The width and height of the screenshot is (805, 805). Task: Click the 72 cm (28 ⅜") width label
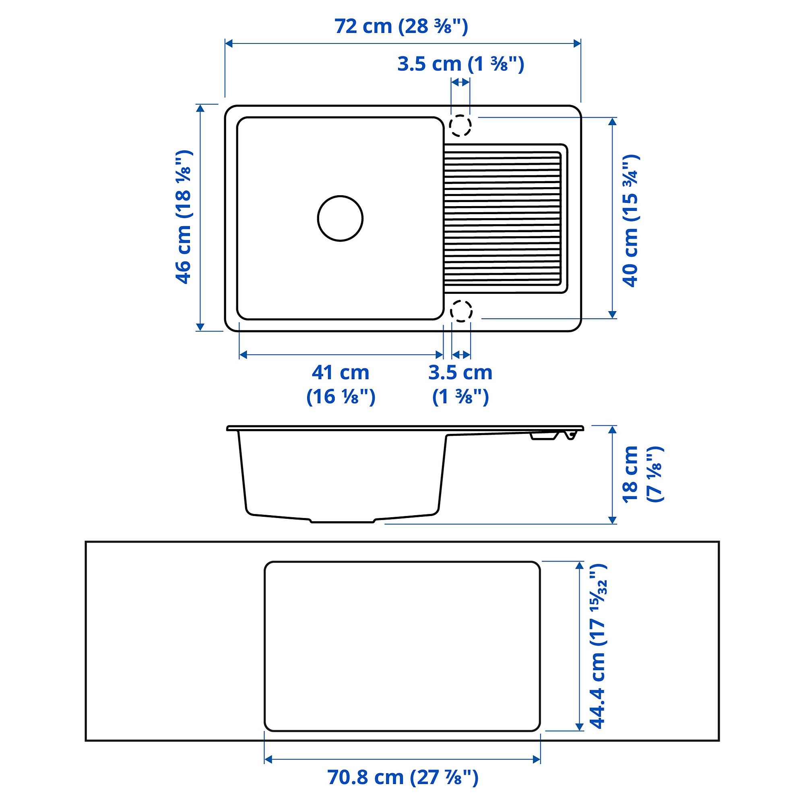(401, 27)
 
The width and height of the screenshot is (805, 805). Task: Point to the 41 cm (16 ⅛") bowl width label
(341, 384)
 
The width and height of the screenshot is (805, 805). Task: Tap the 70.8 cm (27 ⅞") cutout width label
(402, 778)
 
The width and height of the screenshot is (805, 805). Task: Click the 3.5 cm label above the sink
(460, 64)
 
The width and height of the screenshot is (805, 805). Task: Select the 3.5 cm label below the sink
(460, 384)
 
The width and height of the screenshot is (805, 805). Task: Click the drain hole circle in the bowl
(340, 218)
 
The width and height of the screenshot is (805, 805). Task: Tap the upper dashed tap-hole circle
(460, 125)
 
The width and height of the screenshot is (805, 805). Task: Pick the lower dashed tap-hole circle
(460, 311)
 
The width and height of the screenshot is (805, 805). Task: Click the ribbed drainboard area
(503, 219)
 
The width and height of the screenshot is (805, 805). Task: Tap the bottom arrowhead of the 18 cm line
(612, 520)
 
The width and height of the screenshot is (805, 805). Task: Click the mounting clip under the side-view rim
(544, 436)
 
